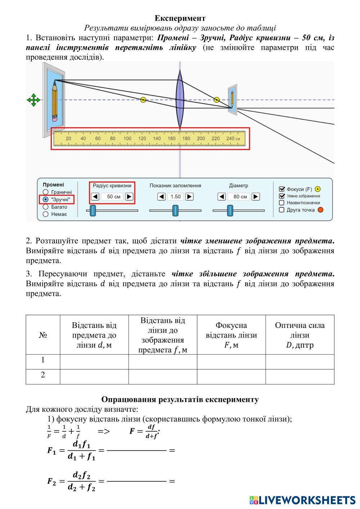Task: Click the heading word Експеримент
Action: click(180, 18)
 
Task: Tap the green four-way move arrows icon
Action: click(33, 100)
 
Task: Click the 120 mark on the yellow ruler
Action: click(142, 139)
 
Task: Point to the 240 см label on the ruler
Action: click(233, 139)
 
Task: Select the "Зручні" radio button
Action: click(46, 199)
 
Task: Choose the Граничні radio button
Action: click(46, 192)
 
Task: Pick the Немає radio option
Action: click(46, 214)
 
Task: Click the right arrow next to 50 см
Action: click(129, 197)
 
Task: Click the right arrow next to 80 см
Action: click(256, 197)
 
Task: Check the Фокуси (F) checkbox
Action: click(282, 189)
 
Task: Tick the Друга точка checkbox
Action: click(282, 210)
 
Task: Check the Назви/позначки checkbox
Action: click(282, 203)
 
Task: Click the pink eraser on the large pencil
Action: click(55, 118)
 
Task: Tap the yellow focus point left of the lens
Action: click(143, 100)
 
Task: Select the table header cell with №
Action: click(43, 335)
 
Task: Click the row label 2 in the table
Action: click(43, 375)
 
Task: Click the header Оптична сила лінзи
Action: click(300, 335)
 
